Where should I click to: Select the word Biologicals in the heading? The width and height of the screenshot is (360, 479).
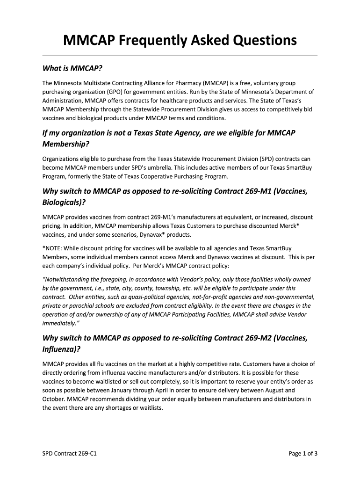click(63, 203)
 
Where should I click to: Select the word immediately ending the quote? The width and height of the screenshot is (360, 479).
click(58, 323)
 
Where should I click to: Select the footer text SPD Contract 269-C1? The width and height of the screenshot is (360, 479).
click(70, 453)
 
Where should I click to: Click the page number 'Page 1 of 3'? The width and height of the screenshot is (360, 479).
click(303, 453)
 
